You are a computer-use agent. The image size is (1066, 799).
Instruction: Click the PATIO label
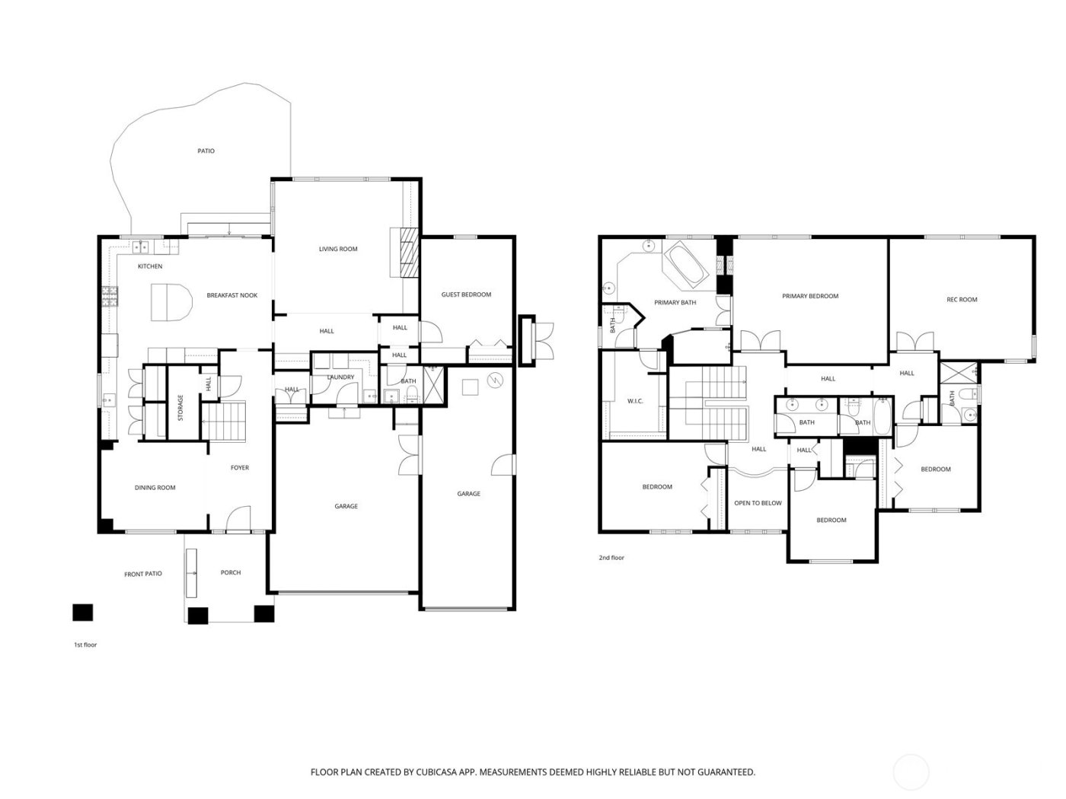(x=206, y=151)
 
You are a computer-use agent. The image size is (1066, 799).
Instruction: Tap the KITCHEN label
(x=150, y=266)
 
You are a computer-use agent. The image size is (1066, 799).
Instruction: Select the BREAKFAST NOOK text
(x=232, y=295)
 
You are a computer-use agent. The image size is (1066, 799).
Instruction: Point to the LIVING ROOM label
(x=337, y=249)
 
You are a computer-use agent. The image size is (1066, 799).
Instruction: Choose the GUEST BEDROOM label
(x=466, y=294)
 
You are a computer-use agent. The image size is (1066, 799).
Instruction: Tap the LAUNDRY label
(x=340, y=377)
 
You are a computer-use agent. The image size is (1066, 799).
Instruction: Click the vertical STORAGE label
(x=180, y=407)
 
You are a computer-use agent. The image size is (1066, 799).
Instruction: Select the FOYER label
(x=240, y=468)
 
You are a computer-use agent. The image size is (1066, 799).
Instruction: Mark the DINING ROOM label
(x=155, y=488)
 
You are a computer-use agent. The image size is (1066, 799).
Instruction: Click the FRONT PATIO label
(x=143, y=574)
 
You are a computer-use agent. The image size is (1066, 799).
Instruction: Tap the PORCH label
(x=231, y=572)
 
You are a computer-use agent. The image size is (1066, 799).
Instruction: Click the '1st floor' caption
(x=85, y=645)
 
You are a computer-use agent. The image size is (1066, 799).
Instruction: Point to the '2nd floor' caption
(x=611, y=558)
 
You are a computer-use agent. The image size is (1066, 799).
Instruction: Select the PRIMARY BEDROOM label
(x=810, y=296)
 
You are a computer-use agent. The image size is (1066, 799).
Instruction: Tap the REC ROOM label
(x=962, y=299)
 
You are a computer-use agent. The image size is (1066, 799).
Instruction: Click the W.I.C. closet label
(x=636, y=401)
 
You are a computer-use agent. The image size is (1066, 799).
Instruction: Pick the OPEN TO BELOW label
(x=758, y=503)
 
